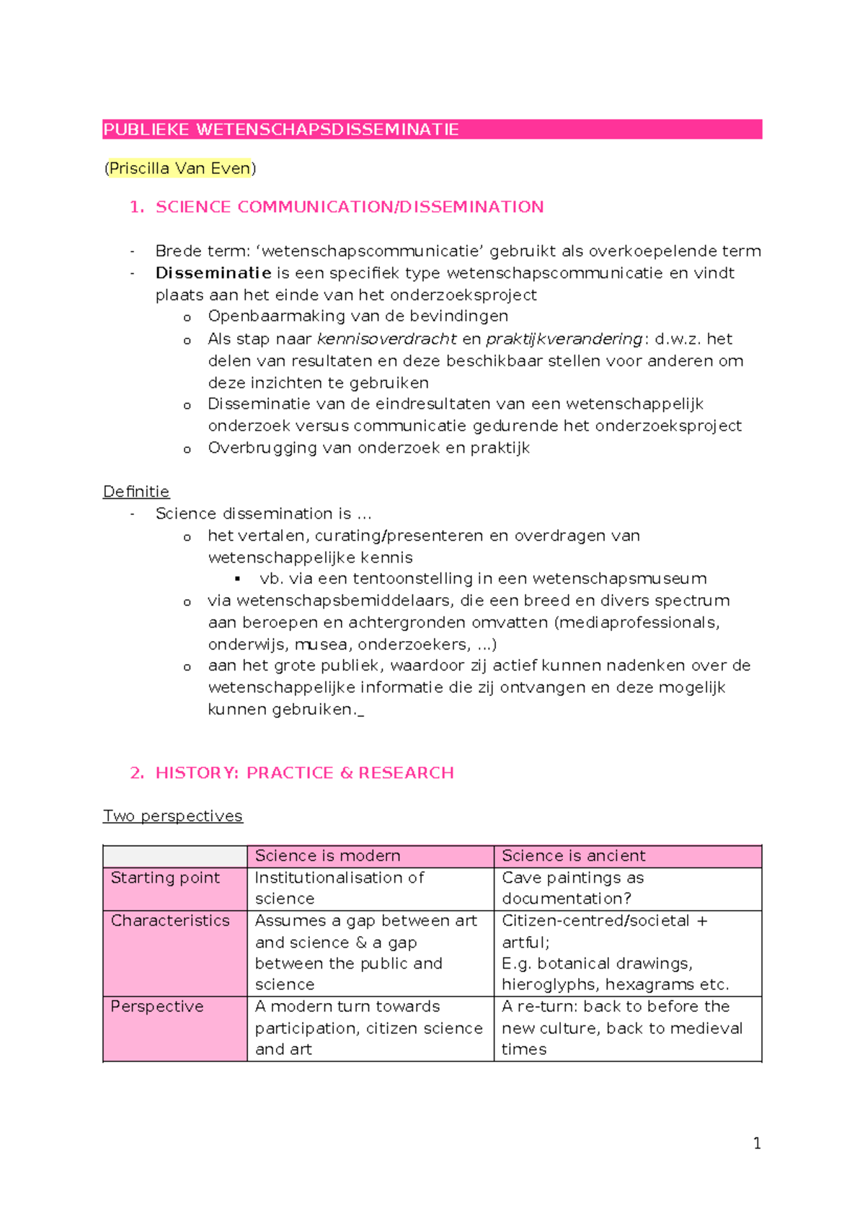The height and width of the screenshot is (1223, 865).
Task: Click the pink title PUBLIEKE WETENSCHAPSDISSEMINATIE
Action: tap(281, 130)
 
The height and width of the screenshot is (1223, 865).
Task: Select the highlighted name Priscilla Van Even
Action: tap(179, 169)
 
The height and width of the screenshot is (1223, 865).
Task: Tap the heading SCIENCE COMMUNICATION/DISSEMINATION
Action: tap(350, 207)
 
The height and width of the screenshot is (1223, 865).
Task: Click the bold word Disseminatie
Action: tap(213, 273)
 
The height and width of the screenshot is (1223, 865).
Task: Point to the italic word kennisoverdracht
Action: tap(386, 339)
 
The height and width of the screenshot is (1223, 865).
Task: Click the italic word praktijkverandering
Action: tap(564, 339)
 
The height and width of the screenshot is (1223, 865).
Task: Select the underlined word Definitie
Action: tap(136, 492)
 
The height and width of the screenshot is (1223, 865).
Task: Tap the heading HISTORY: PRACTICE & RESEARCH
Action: tap(304, 773)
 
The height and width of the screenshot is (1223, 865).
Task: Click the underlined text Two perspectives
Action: tap(173, 816)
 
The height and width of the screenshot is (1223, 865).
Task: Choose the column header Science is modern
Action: tap(327, 856)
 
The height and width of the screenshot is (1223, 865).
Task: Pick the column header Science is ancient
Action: tap(573, 856)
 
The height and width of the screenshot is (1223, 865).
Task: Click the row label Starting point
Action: tap(165, 878)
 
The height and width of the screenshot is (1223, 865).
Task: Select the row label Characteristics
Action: tap(170, 921)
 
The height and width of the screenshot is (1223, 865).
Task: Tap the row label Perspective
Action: tap(157, 1007)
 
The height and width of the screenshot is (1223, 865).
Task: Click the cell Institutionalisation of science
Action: tap(339, 888)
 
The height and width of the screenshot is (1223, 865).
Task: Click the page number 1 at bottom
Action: tap(756, 1144)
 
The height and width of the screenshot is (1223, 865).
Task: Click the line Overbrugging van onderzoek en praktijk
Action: tap(368, 448)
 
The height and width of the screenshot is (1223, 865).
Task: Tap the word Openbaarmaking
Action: tap(266, 317)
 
